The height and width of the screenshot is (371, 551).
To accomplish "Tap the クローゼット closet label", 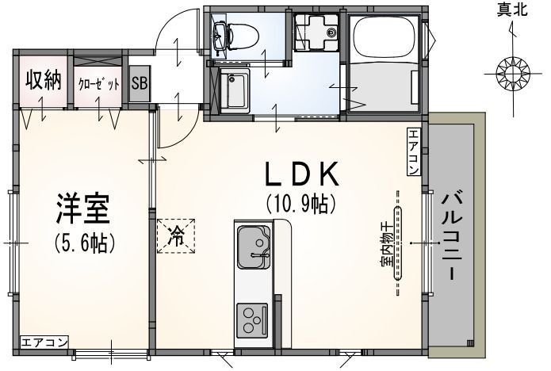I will click(98, 82).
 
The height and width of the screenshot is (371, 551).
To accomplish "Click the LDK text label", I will click(302, 174).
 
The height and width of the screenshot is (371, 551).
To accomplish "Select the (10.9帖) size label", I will click(302, 205).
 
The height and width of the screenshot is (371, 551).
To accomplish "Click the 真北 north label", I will click(511, 10).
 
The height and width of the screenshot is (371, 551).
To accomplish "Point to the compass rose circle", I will click(512, 75).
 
